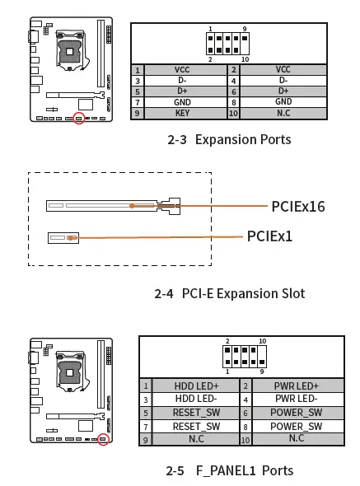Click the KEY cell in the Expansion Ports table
pyautogui.click(x=182, y=113)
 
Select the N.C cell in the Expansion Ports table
pyautogui.click(x=283, y=113)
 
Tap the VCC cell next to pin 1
pyautogui.click(x=182, y=70)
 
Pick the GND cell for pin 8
pyautogui.click(x=283, y=102)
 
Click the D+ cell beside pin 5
pyautogui.click(x=182, y=91)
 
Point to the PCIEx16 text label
pyautogui.click(x=298, y=206)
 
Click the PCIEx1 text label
pyautogui.click(x=269, y=236)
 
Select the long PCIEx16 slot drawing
pyautogui.click(x=112, y=206)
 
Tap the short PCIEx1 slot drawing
pyautogui.click(x=63, y=238)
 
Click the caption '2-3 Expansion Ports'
pyautogui.click(x=229, y=139)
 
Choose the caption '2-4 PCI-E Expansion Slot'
pyautogui.click(x=229, y=293)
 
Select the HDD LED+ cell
pyautogui.click(x=196, y=386)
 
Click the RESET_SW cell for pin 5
pyautogui.click(x=196, y=413)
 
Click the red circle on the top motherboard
pyautogui.click(x=79, y=119)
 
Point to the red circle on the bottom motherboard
pyautogui.click(x=103, y=440)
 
